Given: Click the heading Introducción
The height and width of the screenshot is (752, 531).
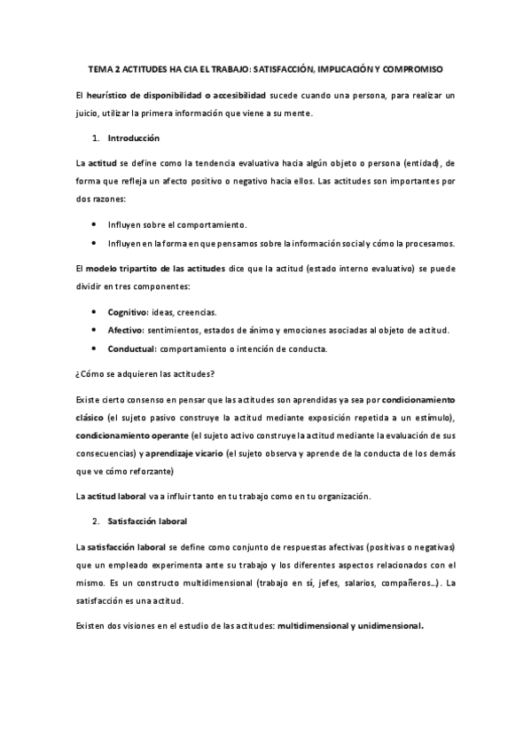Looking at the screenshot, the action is [x=133, y=138].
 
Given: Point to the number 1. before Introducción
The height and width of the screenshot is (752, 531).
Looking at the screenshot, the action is [x=97, y=138].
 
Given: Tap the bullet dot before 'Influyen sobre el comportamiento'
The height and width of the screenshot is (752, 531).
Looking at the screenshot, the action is [x=95, y=225].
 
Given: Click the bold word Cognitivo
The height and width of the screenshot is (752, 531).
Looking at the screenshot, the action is [x=128, y=312].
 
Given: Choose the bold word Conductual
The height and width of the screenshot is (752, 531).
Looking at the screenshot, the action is [x=131, y=348].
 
